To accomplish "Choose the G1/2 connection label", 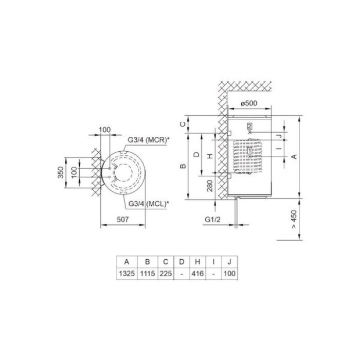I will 212,220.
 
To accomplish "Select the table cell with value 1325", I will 126,274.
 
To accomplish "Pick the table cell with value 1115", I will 147,274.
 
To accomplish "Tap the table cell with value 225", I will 166,274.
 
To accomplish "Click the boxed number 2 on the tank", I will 249,126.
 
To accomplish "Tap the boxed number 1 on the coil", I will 249,151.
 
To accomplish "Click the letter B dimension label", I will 182,166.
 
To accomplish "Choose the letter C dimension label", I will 182,124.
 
